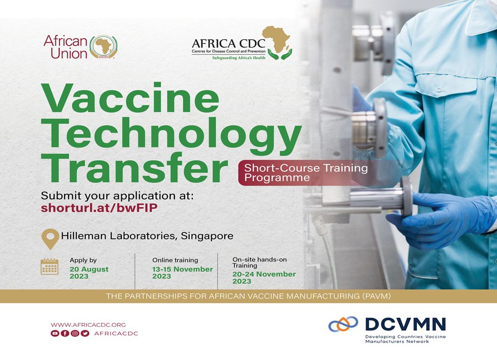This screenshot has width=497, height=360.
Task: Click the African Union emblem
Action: click(x=103, y=47)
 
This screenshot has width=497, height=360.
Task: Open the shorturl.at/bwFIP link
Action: click(x=99, y=208)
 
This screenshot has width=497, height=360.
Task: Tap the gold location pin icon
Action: click(x=50, y=239)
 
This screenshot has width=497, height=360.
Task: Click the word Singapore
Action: click(x=207, y=236)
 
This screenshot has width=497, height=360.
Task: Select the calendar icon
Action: click(x=49, y=267)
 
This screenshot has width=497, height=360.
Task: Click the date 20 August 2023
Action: click(x=89, y=273)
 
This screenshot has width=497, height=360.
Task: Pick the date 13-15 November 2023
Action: click(x=182, y=273)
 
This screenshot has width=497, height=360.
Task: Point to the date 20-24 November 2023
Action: click(x=264, y=277)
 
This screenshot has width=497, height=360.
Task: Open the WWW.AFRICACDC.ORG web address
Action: click(x=88, y=325)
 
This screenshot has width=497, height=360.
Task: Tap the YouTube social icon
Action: click(x=55, y=333)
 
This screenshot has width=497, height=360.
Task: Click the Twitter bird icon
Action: click(x=85, y=333)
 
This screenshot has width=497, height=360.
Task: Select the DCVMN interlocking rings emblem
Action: click(x=343, y=324)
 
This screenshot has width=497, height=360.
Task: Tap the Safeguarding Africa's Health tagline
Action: click(x=239, y=58)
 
